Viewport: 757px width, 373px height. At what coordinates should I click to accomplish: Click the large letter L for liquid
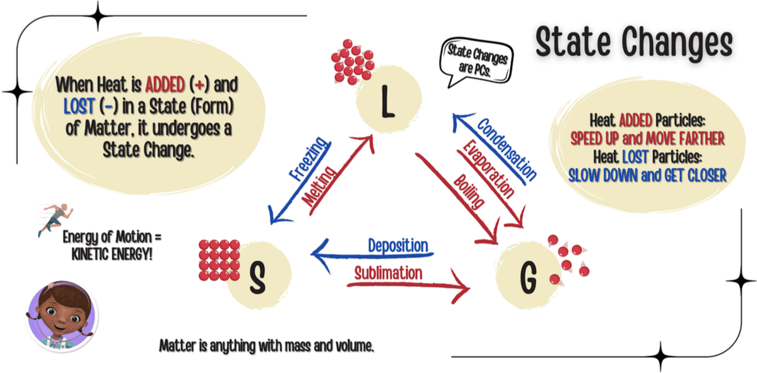click(388, 102)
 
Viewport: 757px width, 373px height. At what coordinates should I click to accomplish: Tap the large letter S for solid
click(257, 278)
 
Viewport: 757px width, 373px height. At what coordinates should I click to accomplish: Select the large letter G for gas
click(529, 278)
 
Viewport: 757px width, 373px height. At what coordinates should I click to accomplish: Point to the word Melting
click(319, 186)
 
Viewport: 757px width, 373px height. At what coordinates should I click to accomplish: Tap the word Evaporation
click(489, 169)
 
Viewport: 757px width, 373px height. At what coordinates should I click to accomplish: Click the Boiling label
click(469, 192)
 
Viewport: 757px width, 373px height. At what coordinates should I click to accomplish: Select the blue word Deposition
click(398, 246)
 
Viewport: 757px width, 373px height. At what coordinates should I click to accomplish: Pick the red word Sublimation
click(389, 273)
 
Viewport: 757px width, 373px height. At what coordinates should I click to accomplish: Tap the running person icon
click(55, 220)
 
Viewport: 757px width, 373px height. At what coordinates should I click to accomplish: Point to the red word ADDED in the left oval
click(165, 85)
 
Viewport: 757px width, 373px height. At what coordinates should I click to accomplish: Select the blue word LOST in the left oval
click(79, 106)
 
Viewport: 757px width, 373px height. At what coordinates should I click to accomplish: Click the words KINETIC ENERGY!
click(112, 254)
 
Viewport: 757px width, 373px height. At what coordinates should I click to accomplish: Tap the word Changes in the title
click(678, 44)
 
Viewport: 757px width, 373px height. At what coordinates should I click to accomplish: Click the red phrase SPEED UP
click(594, 138)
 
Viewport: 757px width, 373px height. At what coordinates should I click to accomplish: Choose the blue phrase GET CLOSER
click(695, 175)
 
